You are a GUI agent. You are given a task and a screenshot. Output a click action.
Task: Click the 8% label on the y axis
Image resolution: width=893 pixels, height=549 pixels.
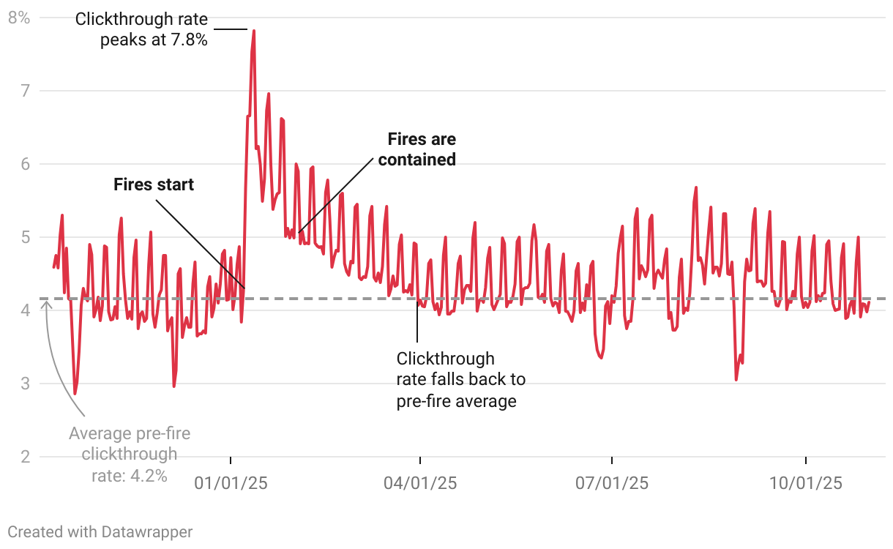coord(18,18)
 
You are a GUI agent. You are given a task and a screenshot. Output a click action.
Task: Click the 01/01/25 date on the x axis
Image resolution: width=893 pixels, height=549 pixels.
coord(231,483)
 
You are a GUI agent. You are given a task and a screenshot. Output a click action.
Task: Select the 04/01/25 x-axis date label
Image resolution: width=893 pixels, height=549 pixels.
coord(420,483)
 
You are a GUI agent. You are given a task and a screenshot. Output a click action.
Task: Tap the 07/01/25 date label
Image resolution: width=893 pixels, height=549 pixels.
coord(611,483)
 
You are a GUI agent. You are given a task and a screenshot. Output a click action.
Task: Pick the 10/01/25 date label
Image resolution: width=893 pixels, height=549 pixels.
coord(805,483)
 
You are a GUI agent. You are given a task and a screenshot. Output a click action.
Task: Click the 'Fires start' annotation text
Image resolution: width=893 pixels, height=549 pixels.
coord(154,184)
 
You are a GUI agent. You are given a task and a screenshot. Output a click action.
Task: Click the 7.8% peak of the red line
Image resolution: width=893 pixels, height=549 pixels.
coord(253,31)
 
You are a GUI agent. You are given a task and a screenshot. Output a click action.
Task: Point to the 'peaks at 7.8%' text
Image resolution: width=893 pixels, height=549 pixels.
coord(154,40)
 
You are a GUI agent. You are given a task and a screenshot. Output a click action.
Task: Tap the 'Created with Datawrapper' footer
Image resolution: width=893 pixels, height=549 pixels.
coord(100,531)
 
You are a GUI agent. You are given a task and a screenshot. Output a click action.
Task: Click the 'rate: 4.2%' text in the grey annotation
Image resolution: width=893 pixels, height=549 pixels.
coord(130,475)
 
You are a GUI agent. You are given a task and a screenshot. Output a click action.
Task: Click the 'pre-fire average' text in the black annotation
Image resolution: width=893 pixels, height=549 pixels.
coord(456,401)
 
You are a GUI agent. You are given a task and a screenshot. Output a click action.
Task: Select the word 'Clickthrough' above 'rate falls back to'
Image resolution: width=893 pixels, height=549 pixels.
coord(445,359)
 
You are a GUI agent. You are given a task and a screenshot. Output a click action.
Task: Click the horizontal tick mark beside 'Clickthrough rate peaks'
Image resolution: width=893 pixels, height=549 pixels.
coord(231,29)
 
